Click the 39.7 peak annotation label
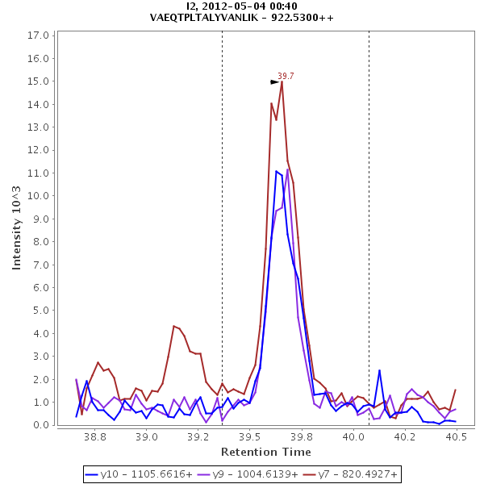pos(286,76)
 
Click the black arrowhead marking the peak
pos(274,81)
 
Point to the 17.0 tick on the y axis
pos(40,35)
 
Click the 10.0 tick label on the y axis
pos(40,196)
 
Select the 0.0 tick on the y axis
pos(42,425)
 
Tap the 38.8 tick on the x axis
pos(95,436)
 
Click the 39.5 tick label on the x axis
pos(250,436)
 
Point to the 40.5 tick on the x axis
pos(456,436)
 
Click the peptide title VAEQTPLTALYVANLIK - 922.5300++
pos(242,17)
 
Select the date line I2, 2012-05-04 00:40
pos(242,6)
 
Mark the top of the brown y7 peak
pos(282,81)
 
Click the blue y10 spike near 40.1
pos(379,370)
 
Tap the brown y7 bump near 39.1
pos(173,326)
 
